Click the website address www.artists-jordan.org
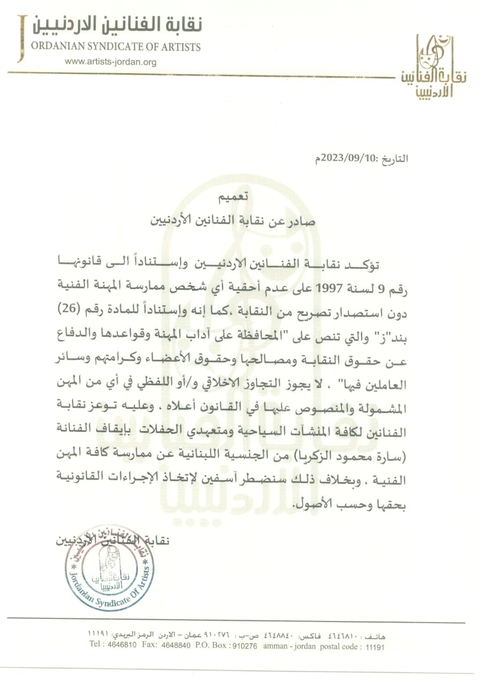(111, 62)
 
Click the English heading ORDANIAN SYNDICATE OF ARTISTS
(116, 47)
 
